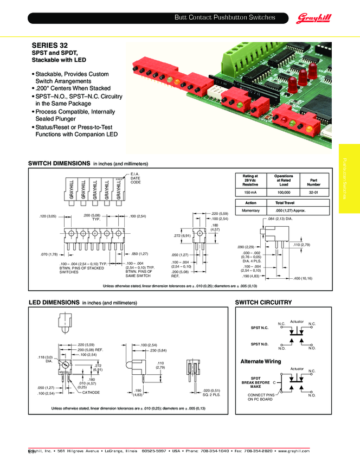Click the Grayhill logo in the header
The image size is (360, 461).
(314, 19)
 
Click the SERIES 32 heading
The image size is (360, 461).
(50, 45)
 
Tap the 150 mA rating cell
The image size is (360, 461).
(250, 193)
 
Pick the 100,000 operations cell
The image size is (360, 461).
(284, 193)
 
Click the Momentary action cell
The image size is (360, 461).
(250, 210)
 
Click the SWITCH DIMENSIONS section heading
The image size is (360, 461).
(59, 163)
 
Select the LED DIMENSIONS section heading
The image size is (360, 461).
(54, 302)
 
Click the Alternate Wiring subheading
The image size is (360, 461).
(261, 361)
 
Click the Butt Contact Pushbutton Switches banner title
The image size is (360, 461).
(224, 18)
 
